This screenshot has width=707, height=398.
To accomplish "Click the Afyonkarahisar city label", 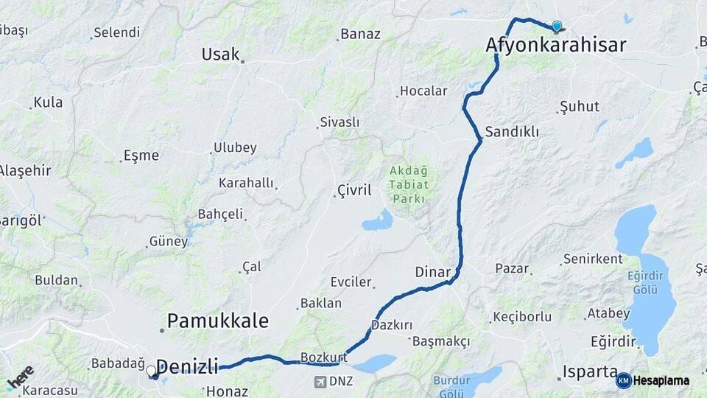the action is [556, 46].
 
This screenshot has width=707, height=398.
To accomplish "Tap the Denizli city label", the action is [188, 366].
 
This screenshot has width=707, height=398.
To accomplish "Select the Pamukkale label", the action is [217, 321].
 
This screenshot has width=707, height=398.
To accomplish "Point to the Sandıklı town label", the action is [512, 133].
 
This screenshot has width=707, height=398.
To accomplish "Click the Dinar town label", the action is [432, 272].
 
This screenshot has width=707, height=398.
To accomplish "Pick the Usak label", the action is [221, 54].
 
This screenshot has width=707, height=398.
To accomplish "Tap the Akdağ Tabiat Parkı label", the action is [408, 184].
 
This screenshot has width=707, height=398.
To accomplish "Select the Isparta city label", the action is [589, 371].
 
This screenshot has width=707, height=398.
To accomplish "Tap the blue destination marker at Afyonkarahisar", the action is [556, 27].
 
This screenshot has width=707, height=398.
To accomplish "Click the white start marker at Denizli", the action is [151, 371].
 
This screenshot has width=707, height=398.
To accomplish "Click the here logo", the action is [20, 378].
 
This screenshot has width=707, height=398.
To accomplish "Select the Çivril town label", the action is [354, 190].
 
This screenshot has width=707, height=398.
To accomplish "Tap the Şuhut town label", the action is [580, 106].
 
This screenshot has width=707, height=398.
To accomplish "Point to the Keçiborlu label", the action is [522, 317].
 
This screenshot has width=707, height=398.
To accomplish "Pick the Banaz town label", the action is [359, 35].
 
